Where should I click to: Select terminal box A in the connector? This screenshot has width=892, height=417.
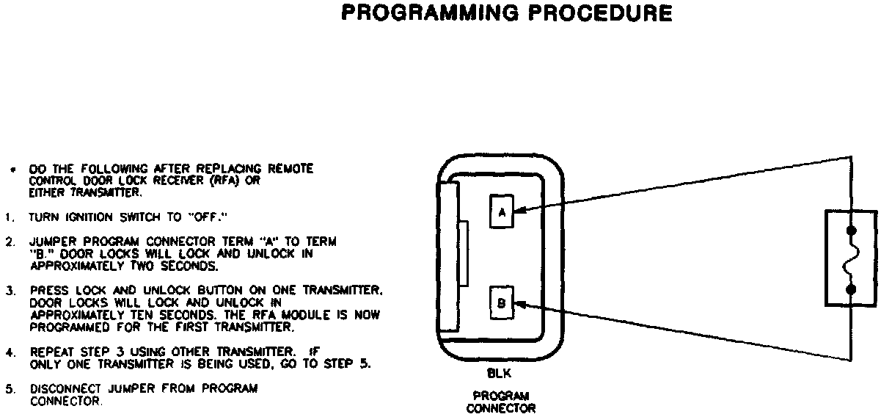(502, 212)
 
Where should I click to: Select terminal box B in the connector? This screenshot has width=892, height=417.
(502, 302)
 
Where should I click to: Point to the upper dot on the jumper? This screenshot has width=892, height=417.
(851, 230)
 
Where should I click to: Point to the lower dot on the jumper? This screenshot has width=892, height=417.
(851, 289)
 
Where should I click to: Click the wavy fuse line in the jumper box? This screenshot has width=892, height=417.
(851, 260)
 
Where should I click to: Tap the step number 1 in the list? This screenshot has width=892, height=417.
(7, 217)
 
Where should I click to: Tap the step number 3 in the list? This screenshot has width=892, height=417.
(7, 291)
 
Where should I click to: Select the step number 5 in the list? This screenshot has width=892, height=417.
(7, 389)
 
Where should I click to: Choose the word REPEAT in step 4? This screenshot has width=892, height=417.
(51, 352)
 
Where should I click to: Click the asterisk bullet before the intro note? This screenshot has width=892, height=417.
(12, 170)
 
